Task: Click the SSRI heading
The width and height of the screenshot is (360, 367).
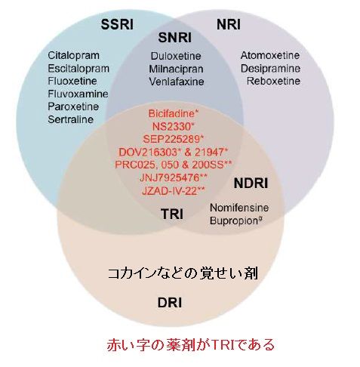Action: click(x=117, y=25)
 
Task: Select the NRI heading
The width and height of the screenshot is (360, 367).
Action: click(x=229, y=25)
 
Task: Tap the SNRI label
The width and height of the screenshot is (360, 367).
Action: click(x=175, y=38)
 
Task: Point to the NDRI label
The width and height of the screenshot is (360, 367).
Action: click(x=251, y=183)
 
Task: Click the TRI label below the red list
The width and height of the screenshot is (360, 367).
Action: click(x=172, y=214)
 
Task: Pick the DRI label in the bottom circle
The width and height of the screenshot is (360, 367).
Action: click(x=170, y=303)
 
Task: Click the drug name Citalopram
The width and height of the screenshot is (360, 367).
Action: click(x=73, y=56)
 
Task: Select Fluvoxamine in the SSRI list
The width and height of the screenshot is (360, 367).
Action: click(x=78, y=94)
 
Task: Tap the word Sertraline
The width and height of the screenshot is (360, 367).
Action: click(x=71, y=119)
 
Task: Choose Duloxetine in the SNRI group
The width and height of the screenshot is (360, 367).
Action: click(x=176, y=56)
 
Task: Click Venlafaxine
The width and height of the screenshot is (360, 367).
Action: click(x=177, y=82)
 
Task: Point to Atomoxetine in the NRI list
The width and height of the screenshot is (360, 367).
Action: click(x=270, y=55)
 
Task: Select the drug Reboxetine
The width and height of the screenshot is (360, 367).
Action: click(x=273, y=81)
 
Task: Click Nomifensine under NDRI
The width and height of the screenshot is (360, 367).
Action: click(x=239, y=208)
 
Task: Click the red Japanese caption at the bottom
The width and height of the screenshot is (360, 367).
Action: click(x=190, y=345)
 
